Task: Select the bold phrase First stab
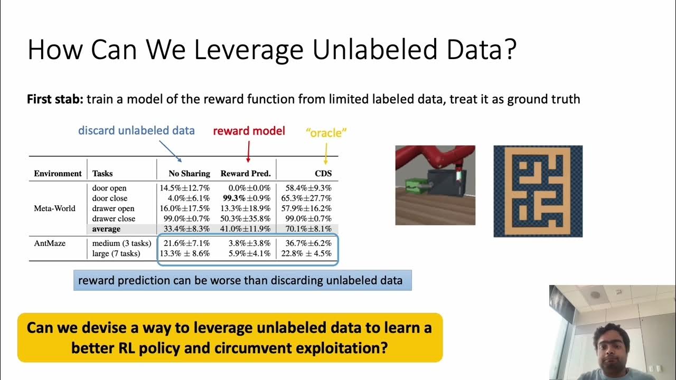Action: pyautogui.click(x=55, y=99)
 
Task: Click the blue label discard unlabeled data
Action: pyautogui.click(x=136, y=130)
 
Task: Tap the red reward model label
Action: pyautogui.click(x=249, y=131)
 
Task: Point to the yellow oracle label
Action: pyautogui.click(x=326, y=133)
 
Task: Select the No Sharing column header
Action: pyautogui.click(x=189, y=173)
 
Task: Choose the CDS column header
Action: pyautogui.click(x=323, y=173)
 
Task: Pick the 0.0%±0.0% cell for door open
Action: pyautogui.click(x=246, y=188)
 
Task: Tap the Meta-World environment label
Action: pyautogui.click(x=55, y=208)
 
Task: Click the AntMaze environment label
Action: pyautogui.click(x=49, y=243)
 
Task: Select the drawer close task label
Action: pyautogui.click(x=114, y=218)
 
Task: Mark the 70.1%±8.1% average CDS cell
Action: pyautogui.click(x=307, y=229)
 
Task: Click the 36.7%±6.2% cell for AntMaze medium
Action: pyautogui.click(x=307, y=243)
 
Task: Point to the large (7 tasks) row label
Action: pyautogui.click(x=116, y=253)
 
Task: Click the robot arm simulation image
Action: pyautogui.click(x=435, y=185)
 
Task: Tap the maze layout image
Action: pyautogui.click(x=538, y=191)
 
